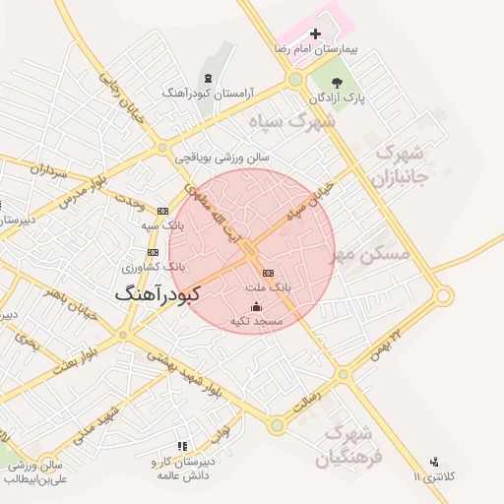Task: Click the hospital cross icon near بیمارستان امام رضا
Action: tap(315, 33)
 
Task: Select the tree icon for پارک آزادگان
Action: tap(338, 84)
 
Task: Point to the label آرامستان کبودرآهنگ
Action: tap(209, 93)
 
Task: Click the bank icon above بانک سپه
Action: tap(162, 211)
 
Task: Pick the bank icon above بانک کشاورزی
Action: tap(153, 252)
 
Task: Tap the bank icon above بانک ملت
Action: tap(269, 273)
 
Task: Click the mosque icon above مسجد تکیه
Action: tap(256, 306)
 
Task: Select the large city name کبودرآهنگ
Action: tap(157, 293)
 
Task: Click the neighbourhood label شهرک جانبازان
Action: tap(398, 165)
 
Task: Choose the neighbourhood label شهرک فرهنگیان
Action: tap(345, 445)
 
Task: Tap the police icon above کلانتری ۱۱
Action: tap(434, 462)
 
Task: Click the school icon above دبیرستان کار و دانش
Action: tap(180, 446)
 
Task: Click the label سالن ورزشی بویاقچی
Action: tap(221, 157)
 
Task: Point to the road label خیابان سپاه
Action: tap(304, 207)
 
